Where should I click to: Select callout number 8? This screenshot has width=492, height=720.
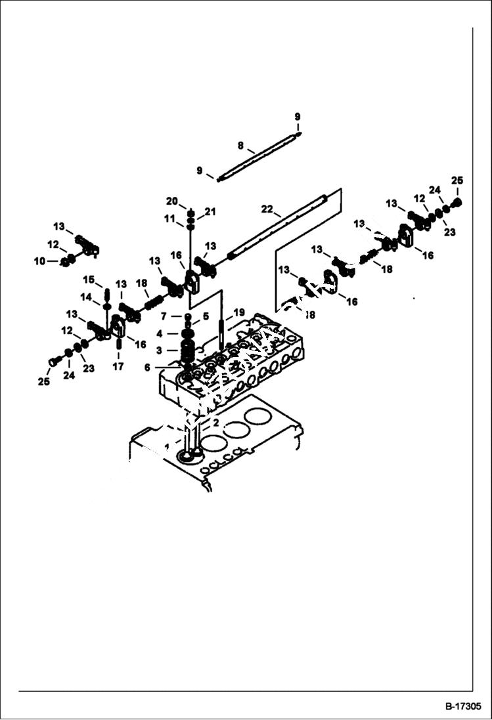(240, 145)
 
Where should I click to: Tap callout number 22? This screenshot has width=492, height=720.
(267, 209)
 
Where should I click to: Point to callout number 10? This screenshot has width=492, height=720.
(40, 261)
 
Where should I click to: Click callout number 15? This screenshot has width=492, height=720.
(88, 279)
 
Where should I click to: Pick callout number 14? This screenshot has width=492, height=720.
(86, 297)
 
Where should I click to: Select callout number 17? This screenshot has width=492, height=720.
(118, 367)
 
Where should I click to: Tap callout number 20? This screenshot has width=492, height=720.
(171, 201)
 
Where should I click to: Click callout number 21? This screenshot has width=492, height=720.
(210, 211)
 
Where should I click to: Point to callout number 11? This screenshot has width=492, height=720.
(170, 218)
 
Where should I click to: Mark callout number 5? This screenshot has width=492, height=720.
(205, 316)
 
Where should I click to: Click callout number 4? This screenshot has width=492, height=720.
(158, 333)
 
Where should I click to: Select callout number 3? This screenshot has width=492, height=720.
(158, 350)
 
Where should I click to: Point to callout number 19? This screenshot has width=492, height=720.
(238, 312)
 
